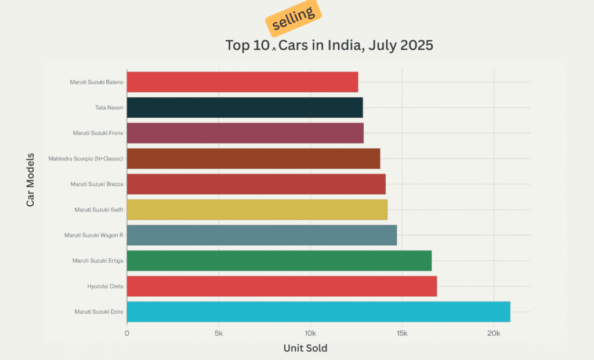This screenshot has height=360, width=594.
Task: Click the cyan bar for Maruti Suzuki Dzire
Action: click(x=318, y=312)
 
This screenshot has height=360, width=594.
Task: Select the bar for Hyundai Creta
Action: click(x=281, y=286)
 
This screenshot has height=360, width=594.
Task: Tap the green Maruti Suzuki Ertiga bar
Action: click(x=279, y=261)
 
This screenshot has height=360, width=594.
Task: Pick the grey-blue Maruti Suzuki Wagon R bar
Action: click(x=262, y=235)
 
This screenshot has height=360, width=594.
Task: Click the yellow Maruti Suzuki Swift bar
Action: click(x=257, y=210)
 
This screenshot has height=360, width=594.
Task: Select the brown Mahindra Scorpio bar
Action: click(x=253, y=159)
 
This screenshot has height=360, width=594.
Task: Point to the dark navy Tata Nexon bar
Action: click(x=245, y=108)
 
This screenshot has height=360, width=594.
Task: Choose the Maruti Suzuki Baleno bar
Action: click(x=242, y=82)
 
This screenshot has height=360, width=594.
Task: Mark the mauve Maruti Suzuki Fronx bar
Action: click(x=245, y=133)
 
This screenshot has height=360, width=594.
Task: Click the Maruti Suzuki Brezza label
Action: click(x=97, y=184)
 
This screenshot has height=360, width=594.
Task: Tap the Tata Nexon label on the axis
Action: click(x=109, y=108)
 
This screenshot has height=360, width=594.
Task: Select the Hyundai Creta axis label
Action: click(x=105, y=286)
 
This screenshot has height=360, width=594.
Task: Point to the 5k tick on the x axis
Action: click(x=218, y=334)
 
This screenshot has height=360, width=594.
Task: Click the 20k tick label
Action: click(x=494, y=334)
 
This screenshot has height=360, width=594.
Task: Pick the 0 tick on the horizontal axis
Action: click(x=127, y=334)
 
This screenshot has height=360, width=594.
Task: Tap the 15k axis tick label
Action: click(x=401, y=334)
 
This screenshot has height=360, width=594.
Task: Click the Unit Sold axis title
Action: click(x=305, y=348)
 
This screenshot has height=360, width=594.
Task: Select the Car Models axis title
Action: click(x=30, y=180)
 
